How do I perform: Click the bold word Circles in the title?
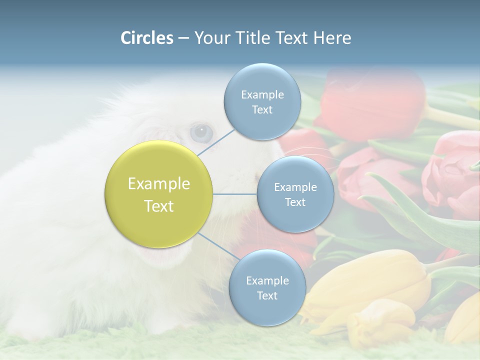[146, 38]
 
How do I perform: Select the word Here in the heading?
[332, 38]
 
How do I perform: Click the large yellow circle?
[159, 194]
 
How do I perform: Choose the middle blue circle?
[295, 194]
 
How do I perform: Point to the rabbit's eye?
[201, 131]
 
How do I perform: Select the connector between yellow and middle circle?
[235, 194]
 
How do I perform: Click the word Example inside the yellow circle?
[159, 184]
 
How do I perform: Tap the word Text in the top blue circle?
[262, 110]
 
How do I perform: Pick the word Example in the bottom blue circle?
[267, 280]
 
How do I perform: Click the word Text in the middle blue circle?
[295, 202]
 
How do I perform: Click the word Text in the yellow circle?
[159, 206]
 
